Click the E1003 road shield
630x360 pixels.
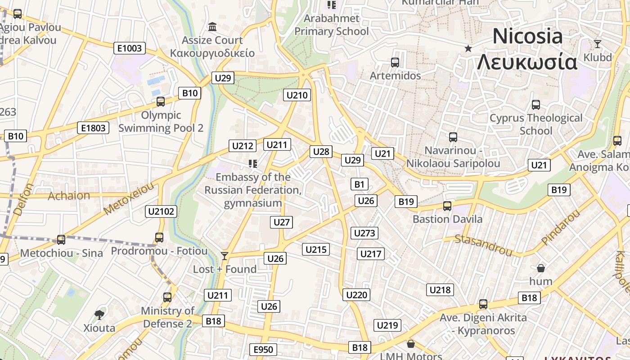tap(130, 48)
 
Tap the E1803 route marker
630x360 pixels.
tap(93, 128)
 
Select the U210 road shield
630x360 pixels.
tap(297, 95)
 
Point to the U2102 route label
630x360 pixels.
tap(162, 211)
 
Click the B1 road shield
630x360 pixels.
tap(359, 184)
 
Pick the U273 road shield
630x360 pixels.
tap(364, 233)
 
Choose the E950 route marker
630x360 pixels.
tap(263, 350)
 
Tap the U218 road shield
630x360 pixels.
tap(440, 290)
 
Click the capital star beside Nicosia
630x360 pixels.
tap(468, 48)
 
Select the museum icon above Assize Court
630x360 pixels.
tap(212, 27)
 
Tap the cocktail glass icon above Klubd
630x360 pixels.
tap(598, 44)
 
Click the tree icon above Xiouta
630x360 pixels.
tap(99, 315)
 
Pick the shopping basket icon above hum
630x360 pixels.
tap(541, 268)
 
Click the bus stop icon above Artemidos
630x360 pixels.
tap(395, 63)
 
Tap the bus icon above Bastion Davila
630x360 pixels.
tap(447, 206)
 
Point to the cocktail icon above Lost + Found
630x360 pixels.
tap(225, 256)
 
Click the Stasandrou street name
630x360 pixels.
tap(483, 245)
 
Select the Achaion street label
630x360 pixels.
tap(69, 196)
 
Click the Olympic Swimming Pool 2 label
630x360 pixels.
tap(161, 121)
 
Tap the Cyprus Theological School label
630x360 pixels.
tap(536, 124)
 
